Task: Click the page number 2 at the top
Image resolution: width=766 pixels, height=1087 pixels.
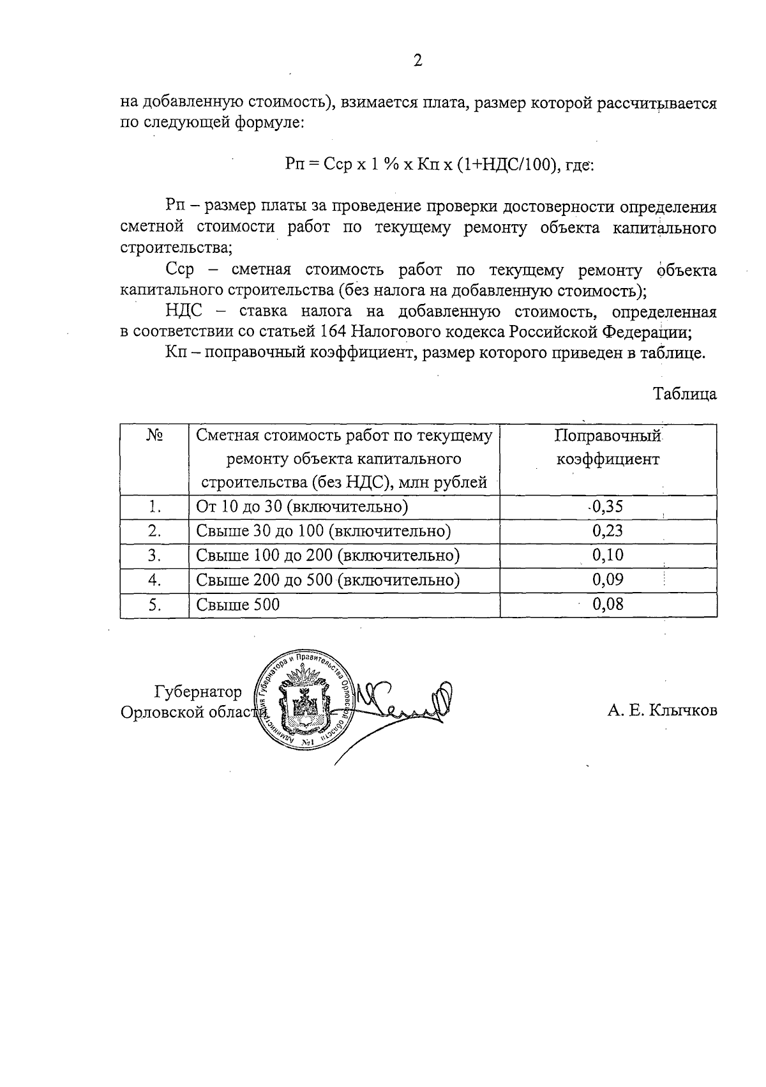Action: (417, 61)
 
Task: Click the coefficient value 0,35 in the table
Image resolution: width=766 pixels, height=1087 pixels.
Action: (607, 506)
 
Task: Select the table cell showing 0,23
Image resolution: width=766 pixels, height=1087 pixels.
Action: (607, 531)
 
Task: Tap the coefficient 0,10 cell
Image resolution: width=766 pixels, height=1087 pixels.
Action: (607, 555)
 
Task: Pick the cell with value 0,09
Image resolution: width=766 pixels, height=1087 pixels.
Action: (607, 579)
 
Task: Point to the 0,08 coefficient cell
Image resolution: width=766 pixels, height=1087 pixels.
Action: (607, 604)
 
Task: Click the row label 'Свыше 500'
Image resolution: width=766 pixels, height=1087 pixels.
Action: (238, 604)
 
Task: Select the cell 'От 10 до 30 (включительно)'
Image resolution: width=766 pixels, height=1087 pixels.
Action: (302, 507)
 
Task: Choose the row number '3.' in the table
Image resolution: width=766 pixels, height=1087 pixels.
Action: (154, 556)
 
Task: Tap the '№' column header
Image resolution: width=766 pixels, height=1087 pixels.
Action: (154, 436)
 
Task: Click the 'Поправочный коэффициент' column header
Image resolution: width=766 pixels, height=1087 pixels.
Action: (607, 447)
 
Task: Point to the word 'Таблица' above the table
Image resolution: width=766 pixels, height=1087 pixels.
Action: (684, 394)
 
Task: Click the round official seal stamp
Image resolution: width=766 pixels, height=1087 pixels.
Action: (303, 703)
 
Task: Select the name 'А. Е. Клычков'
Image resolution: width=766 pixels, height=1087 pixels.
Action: (662, 711)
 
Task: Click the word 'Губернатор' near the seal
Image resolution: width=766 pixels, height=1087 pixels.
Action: (199, 692)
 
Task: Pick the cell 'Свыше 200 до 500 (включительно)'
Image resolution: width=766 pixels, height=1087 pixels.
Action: (328, 580)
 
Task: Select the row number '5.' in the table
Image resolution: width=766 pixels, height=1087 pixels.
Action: (154, 604)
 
